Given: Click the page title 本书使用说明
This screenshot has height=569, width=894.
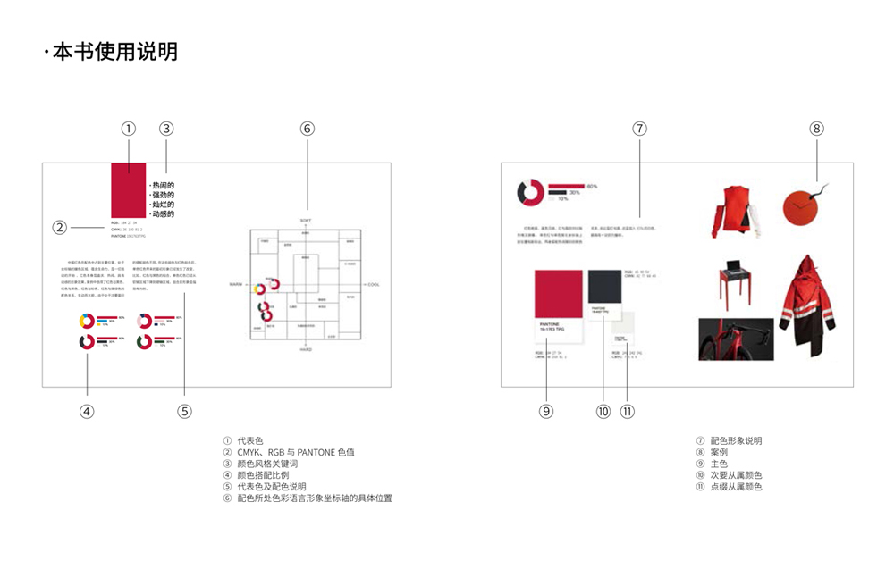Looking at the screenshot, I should [x=114, y=52].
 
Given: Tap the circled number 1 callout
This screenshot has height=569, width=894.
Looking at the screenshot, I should [x=129, y=129].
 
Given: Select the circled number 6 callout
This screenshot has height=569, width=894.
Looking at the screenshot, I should [x=307, y=129].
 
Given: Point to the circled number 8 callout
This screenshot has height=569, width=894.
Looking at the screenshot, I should [x=816, y=129].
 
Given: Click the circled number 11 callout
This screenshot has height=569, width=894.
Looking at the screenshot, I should [x=627, y=411].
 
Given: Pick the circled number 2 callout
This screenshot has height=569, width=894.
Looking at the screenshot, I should [x=59, y=227].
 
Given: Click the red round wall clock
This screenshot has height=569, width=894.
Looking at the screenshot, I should [x=799, y=207].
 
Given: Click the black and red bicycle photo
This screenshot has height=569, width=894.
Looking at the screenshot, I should [x=736, y=339].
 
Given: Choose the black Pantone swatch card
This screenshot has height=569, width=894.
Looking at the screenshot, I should [x=606, y=291].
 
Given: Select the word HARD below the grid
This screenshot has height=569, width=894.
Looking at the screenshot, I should [x=305, y=350].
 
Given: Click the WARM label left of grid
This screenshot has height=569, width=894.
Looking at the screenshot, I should [x=236, y=285].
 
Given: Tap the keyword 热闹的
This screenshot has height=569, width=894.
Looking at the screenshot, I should [x=163, y=185].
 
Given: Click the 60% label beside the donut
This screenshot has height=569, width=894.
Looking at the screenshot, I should [x=592, y=186].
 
